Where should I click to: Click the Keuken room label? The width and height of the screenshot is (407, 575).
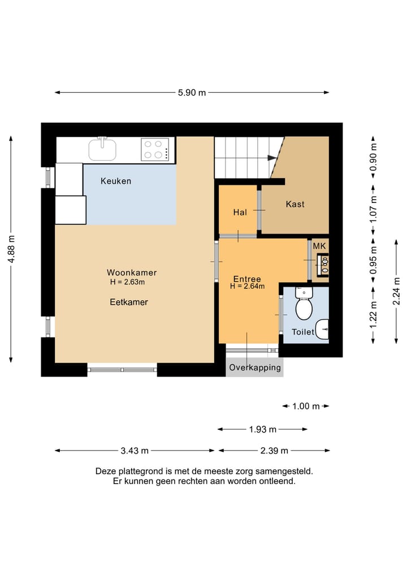pos(116,181)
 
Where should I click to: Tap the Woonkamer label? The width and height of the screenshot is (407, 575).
pos(132,273)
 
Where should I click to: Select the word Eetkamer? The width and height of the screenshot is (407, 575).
pos(129,302)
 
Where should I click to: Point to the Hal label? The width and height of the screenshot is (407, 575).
pos(240,213)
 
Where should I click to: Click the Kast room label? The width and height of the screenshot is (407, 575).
pos(295,204)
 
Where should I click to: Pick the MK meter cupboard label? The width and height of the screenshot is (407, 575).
pos(319,246)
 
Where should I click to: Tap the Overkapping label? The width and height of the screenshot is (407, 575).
pos(255,368)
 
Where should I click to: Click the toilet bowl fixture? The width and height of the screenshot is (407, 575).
pos(304,305)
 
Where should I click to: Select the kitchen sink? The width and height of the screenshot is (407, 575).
pos(102,149)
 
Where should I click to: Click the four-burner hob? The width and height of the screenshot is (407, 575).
pos(155,149)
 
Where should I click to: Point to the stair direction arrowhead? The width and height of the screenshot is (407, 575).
pos(272,158)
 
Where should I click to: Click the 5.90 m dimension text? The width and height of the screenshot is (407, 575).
pos(192,93)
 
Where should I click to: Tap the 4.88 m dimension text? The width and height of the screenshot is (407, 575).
pos(11,249)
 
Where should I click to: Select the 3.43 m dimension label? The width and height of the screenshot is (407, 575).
pos(135,451)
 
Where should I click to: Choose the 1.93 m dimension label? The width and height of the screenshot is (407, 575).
pos(262,430)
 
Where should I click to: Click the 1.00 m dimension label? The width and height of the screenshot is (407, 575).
pos(306,407)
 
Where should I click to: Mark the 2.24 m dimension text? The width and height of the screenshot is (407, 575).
pos(396,291)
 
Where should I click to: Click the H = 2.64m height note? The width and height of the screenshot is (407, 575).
pos(248,287)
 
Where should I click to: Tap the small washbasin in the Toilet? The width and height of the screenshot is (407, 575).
pos(323,329)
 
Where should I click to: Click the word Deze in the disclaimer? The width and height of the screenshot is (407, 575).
pos(105,471)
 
